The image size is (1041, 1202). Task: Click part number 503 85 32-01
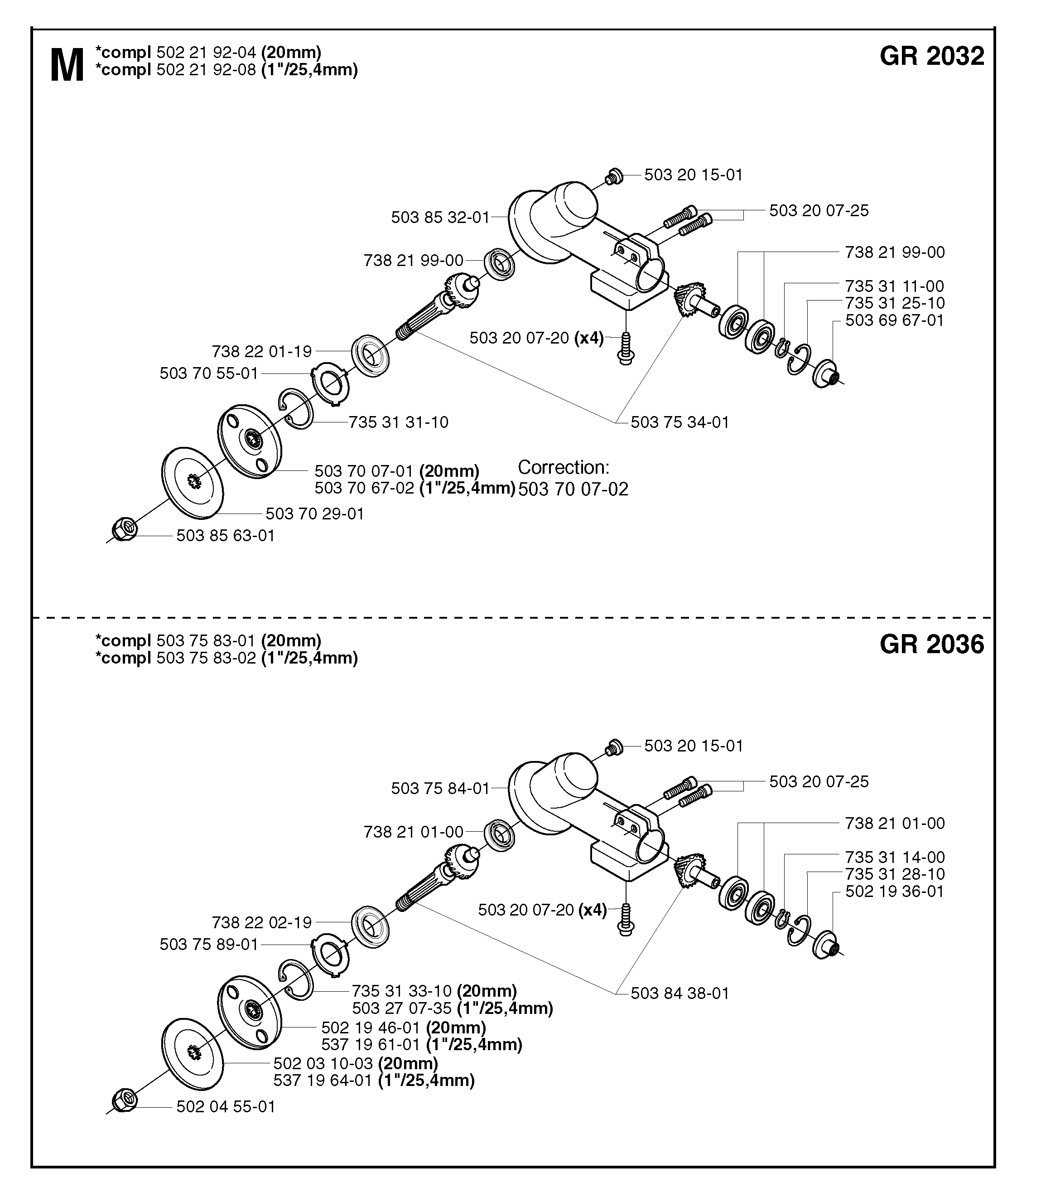[x=440, y=218]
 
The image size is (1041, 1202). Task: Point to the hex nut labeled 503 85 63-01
[x=124, y=529]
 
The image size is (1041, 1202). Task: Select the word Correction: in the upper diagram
[x=564, y=467]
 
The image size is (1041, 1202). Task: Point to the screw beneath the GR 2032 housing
[x=626, y=348]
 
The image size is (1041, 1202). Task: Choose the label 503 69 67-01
[x=895, y=320]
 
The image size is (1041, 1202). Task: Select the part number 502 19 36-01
[x=895, y=892]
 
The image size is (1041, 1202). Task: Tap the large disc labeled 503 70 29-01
[x=192, y=482]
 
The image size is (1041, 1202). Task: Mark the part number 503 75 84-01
[x=440, y=789]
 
